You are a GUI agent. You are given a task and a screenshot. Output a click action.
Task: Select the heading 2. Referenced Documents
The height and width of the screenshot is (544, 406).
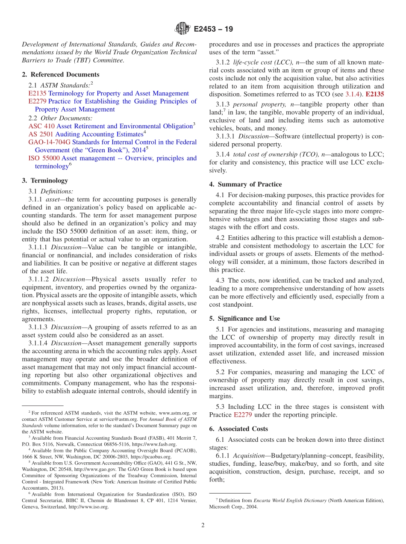pyautogui.click(x=60, y=74)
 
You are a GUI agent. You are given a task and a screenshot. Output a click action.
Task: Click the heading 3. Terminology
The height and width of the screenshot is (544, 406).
pyautogui.click(x=44, y=180)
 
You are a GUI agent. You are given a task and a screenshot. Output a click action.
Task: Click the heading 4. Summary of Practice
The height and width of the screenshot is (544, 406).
pyautogui.click(x=245, y=184)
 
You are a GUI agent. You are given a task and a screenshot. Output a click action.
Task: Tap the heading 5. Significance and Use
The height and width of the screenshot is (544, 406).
pyautogui.click(x=244, y=319)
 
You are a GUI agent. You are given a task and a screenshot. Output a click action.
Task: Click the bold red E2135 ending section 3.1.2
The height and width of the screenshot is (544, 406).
pyautogui.click(x=375, y=93)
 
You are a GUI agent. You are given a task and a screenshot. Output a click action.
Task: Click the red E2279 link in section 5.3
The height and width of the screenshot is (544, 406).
pyautogui.click(x=242, y=415)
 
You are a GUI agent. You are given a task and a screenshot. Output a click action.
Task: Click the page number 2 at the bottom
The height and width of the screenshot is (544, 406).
pyautogui.click(x=203, y=525)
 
